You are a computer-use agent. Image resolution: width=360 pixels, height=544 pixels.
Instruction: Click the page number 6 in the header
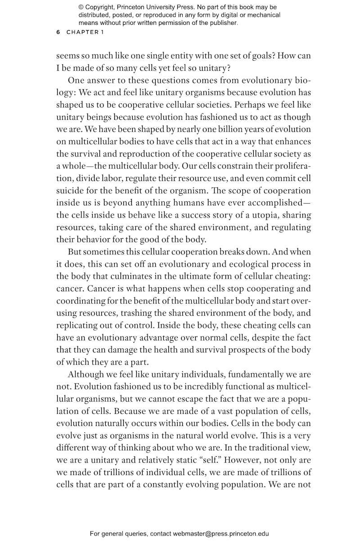point(58,32)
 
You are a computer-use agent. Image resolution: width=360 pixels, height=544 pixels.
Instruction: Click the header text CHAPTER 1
point(82,32)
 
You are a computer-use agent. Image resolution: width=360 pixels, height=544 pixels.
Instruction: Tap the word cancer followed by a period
point(68,288)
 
